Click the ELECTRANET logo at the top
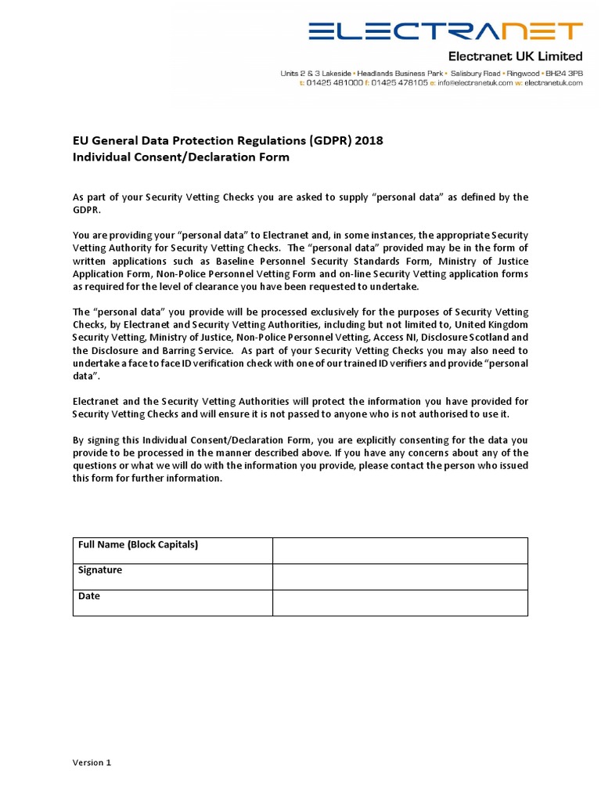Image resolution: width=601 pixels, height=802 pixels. (445, 31)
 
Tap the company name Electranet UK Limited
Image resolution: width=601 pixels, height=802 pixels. (514, 56)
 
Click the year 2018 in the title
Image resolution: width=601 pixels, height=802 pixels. (369, 141)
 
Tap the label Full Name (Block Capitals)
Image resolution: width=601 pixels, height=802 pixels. (138, 544)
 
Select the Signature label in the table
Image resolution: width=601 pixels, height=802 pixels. (100, 570)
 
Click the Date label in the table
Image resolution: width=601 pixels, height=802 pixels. (89, 596)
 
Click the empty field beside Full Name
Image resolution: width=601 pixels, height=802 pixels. (400, 551)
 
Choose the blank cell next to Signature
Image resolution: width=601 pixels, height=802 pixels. (400, 576)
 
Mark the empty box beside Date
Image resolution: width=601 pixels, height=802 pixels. (400, 602)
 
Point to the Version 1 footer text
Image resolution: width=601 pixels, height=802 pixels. (92, 762)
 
